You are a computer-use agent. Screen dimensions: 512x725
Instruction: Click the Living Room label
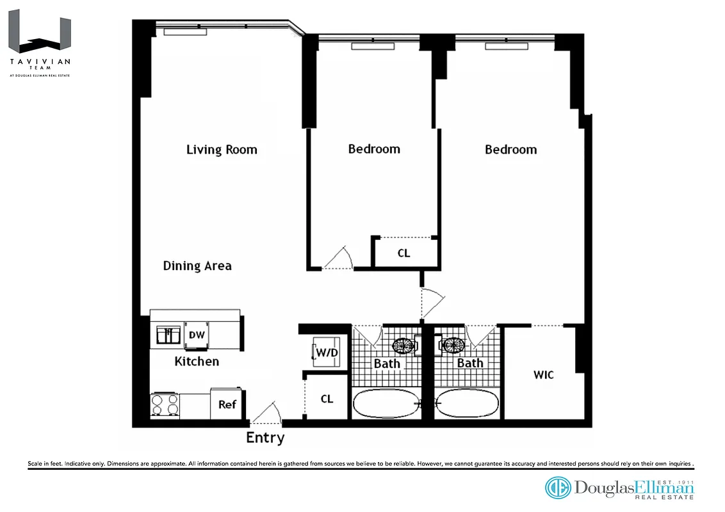[222, 150]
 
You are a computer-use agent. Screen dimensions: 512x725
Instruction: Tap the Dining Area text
[197, 266]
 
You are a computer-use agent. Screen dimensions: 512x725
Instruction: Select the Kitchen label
[197, 362]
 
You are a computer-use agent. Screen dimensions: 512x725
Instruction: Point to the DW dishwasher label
[195, 335]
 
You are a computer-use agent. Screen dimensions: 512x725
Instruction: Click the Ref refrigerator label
[227, 404]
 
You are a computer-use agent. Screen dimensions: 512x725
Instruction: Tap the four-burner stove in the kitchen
[165, 405]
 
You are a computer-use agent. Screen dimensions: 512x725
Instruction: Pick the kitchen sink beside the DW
[169, 335]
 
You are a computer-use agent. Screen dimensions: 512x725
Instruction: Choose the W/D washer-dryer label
[325, 352]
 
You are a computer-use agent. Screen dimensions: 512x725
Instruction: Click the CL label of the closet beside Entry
[327, 399]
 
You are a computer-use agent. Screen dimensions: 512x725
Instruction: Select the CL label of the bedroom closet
[403, 253]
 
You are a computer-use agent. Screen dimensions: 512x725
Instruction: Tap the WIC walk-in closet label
[543, 374]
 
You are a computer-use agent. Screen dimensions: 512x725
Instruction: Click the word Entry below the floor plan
[265, 438]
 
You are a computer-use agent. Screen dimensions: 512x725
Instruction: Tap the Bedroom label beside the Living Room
[374, 149]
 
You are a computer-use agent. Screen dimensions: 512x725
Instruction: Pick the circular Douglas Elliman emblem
[557, 488]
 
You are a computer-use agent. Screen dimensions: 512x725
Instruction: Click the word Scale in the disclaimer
[35, 463]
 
